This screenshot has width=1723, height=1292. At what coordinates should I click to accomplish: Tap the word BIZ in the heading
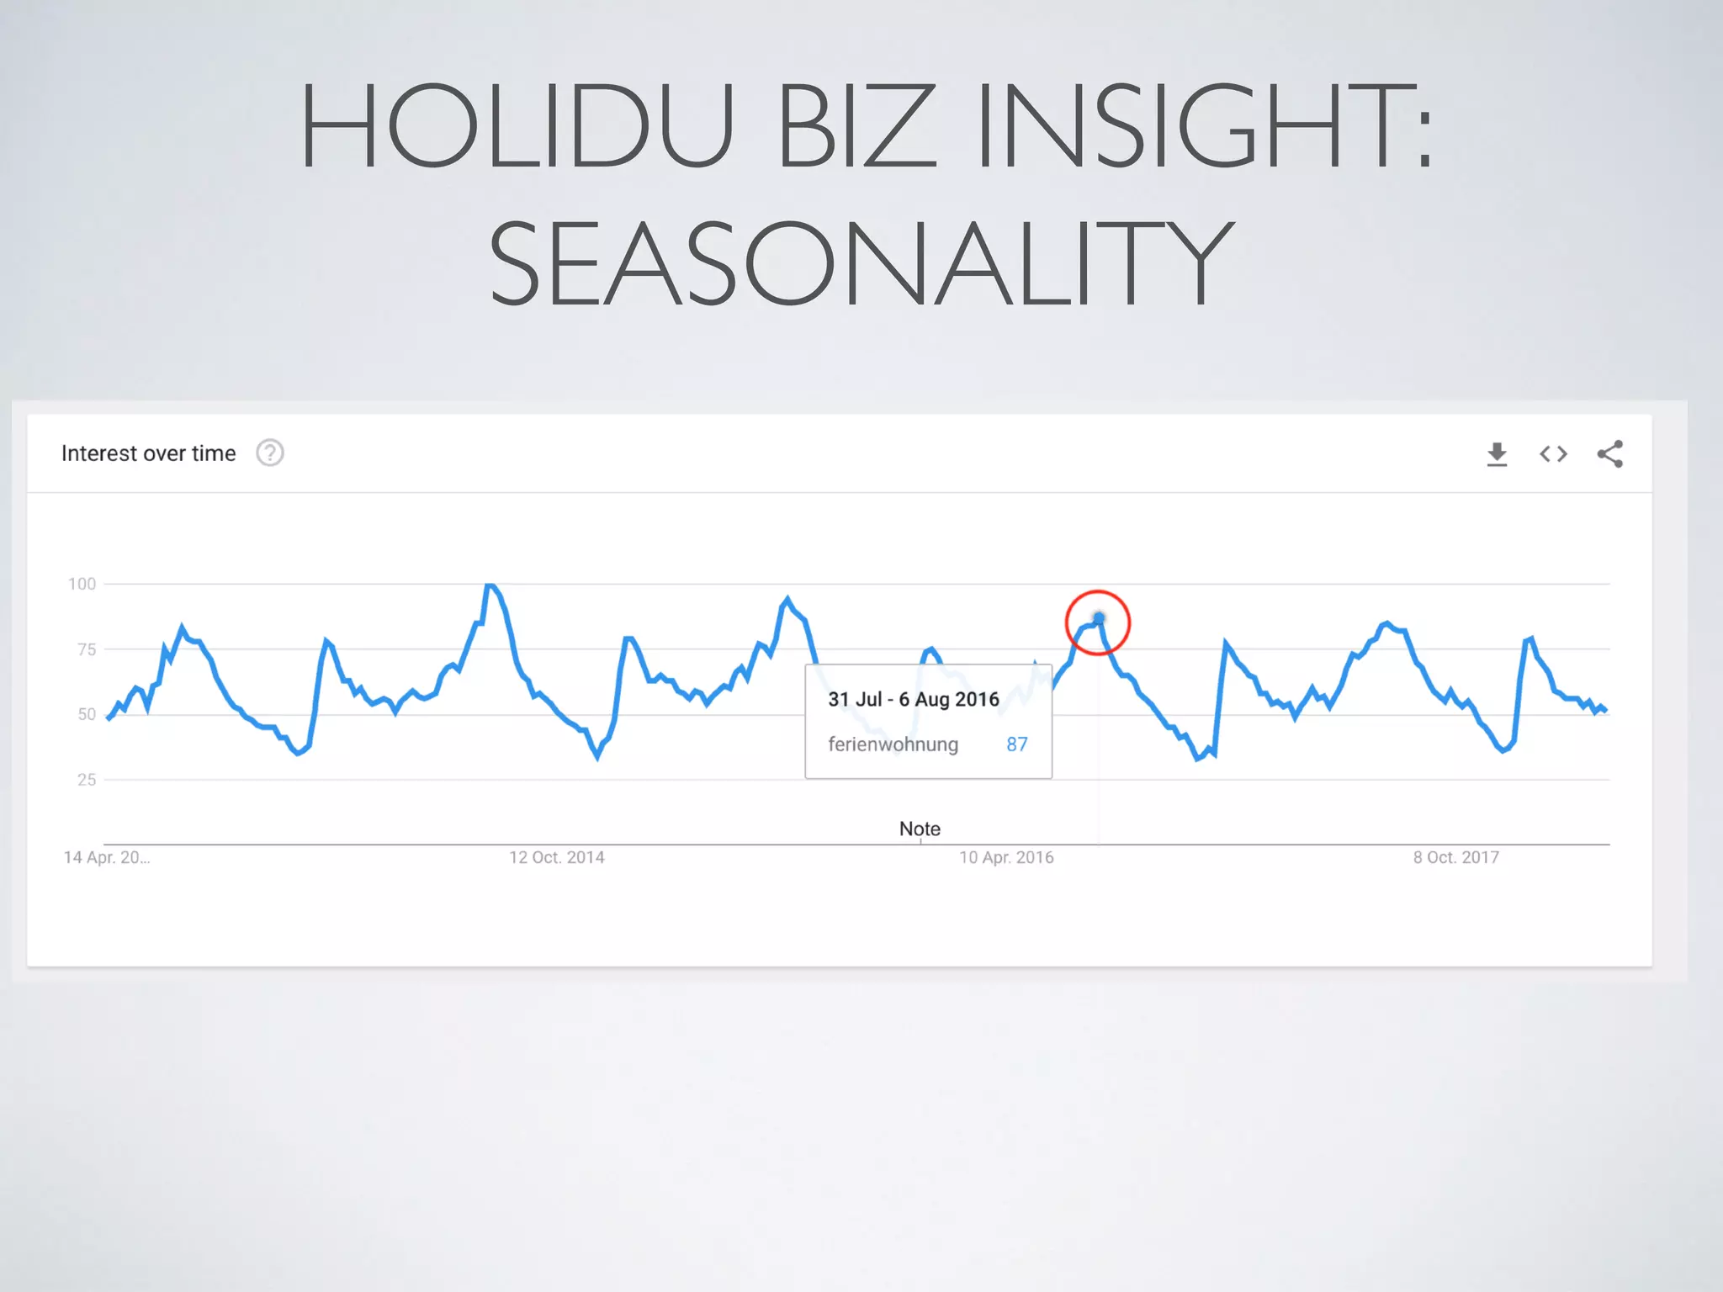coord(856,126)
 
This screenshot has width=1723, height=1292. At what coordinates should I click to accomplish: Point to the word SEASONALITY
coord(861,262)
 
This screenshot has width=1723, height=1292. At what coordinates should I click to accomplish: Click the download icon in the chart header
coord(1497,454)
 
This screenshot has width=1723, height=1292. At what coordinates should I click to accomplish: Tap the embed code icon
coord(1553,454)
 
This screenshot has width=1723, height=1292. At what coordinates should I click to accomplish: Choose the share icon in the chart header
coord(1609,454)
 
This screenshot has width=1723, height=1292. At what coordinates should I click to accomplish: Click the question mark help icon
coord(270,453)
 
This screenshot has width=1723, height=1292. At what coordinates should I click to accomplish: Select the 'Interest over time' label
coord(149,453)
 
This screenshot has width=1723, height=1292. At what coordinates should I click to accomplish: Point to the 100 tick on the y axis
coord(82,584)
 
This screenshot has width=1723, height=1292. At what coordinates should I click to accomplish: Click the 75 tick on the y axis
coord(86,649)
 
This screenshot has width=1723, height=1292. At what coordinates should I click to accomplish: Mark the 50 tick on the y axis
coord(86,714)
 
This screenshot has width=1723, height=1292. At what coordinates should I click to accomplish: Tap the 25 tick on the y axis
coord(86,780)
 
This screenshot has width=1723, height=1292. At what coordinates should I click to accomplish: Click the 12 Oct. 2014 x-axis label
coord(556,857)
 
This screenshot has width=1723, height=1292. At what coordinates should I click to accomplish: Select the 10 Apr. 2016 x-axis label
coord(1006,857)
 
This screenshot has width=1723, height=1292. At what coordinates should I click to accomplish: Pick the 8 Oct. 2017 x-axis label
coord(1455,857)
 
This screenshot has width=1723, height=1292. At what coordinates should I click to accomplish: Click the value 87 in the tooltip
coord(1016,744)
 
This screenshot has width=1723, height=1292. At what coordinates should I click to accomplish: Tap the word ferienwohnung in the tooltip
coord(893,744)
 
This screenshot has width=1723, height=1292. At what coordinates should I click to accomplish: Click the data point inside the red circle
coord(1099,619)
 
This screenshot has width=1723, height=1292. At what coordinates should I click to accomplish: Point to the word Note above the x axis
coord(920,829)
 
